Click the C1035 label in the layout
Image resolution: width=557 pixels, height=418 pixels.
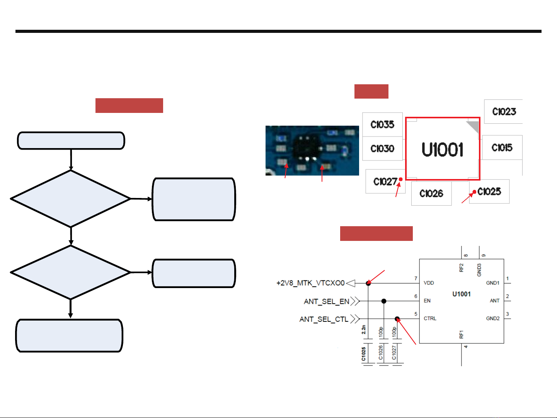[x=382, y=125]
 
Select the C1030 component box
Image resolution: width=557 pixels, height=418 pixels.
[x=382, y=148]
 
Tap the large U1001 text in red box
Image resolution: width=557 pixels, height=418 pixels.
[x=442, y=150]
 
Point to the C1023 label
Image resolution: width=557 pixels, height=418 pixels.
[x=504, y=112]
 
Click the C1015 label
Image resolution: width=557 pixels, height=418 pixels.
[x=502, y=148]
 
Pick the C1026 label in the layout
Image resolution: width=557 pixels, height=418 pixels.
[x=431, y=194]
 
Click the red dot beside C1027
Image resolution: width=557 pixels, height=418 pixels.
[x=401, y=179]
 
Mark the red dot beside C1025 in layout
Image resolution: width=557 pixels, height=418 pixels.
[x=474, y=192]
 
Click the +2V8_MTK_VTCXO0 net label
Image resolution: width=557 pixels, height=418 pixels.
[x=310, y=283]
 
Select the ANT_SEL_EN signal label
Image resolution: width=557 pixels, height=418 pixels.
[x=327, y=301]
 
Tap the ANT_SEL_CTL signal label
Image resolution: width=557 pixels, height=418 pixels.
[x=324, y=319]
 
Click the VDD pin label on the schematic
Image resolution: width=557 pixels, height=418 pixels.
[x=429, y=283]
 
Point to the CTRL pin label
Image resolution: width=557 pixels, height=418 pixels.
[x=430, y=319]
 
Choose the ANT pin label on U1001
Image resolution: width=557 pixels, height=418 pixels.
[x=495, y=301]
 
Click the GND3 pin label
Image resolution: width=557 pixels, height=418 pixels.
[x=479, y=270]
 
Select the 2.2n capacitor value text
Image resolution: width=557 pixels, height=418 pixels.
[x=364, y=329]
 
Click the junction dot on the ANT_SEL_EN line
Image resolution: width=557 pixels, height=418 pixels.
[x=384, y=301]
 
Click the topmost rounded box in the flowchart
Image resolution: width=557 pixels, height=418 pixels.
[x=71, y=141]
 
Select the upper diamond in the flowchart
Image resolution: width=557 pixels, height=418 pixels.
[x=71, y=199]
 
